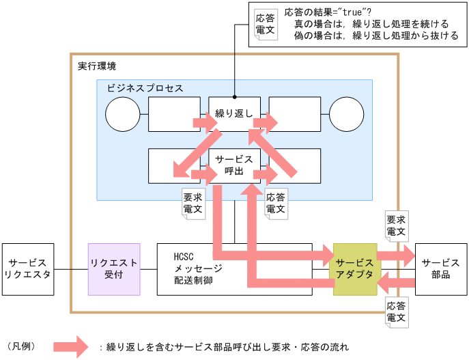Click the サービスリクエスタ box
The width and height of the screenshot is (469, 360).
point(28,269)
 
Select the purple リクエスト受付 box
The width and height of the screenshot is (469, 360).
point(114,269)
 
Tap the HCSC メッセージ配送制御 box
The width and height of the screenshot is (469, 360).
point(205,269)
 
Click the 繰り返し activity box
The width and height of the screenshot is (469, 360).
point(234,113)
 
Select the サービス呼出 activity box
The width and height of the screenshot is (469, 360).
point(234,165)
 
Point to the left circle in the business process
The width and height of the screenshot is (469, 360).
point(123,113)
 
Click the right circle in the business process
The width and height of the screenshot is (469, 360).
point(346,113)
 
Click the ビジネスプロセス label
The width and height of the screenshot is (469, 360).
point(145,88)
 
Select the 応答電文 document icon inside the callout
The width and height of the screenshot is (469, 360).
point(264,25)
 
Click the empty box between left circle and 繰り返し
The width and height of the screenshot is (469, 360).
point(173,113)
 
